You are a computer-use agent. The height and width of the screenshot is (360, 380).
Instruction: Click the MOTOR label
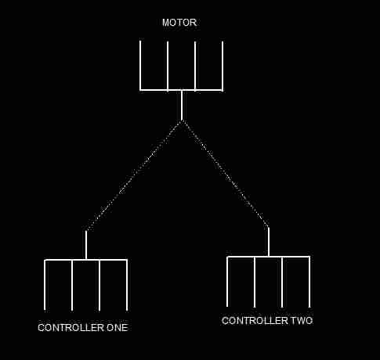point(179,23)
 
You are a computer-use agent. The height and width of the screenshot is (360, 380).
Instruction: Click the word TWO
point(302,321)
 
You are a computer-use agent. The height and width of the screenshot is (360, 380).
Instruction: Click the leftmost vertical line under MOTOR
point(140,66)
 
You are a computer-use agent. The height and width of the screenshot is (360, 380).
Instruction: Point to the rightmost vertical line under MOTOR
point(223,67)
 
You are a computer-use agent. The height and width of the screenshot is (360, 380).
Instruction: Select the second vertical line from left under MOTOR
point(168,67)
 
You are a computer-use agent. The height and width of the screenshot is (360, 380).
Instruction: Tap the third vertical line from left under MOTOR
point(195,67)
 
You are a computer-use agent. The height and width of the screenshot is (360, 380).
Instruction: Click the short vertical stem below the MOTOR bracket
point(182,106)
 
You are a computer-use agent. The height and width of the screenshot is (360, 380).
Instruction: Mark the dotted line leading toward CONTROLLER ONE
point(134,175)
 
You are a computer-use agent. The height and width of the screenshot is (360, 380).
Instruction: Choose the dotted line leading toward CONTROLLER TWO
point(225,174)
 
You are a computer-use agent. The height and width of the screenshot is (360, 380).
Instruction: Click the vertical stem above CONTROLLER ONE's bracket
point(86,245)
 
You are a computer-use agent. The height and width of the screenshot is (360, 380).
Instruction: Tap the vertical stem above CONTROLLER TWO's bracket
point(269,242)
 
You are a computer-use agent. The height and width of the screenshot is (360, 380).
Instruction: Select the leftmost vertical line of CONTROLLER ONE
point(45,285)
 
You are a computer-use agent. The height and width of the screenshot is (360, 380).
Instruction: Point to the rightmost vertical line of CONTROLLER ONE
point(127,285)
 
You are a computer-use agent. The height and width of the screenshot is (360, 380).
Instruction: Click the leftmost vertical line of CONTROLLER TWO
point(227,282)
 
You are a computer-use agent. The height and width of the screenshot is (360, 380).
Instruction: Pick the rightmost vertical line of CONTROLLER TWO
point(309,282)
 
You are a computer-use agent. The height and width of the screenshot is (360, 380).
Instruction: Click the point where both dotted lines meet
point(182,121)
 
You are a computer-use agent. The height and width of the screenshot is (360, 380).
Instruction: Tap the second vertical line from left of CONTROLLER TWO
point(255,282)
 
